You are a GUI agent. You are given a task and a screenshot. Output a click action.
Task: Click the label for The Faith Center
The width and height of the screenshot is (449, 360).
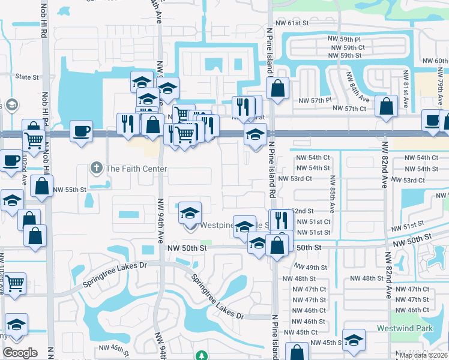point(136,169)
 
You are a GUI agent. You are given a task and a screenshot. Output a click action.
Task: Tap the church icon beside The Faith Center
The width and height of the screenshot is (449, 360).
point(96,168)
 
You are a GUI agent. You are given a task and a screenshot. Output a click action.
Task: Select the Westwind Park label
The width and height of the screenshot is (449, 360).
point(405,328)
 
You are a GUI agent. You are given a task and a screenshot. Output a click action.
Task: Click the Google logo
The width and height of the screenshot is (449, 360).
point(20,353)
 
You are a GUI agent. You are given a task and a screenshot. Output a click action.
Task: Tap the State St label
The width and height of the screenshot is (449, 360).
point(26,77)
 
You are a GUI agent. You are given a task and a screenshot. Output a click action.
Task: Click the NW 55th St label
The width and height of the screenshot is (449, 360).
point(70,190)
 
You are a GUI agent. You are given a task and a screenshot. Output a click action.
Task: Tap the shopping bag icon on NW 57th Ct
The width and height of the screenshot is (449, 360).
point(386,106)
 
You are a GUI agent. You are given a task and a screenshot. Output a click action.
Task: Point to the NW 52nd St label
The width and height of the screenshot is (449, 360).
point(301,211)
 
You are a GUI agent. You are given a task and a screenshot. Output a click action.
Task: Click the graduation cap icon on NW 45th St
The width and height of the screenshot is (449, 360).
point(354,340)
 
